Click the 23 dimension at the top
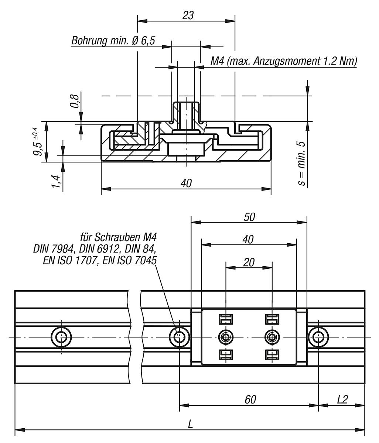point(188,16)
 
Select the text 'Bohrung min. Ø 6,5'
point(113,41)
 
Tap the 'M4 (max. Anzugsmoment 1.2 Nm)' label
point(283,61)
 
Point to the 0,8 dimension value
point(75,101)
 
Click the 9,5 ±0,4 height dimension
point(37,141)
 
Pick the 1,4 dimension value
point(56,181)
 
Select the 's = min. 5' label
point(302,162)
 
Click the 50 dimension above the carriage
point(249,217)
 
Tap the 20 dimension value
point(249,262)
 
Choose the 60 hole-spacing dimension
point(250,399)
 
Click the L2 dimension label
point(342,399)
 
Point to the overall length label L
point(190,424)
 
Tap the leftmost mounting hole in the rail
point(61,337)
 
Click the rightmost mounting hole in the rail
point(318,337)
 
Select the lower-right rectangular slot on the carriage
point(272,355)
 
